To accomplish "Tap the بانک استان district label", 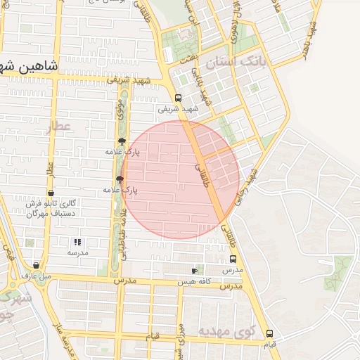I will tap(264, 63).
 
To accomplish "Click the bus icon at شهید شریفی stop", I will tap(178, 98).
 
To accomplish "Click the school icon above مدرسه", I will tap(77, 242).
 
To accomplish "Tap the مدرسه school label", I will tap(77, 252).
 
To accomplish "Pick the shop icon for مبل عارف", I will tap(36, 266).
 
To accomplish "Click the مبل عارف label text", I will tap(36, 276).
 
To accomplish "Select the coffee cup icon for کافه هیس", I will tap(195, 271).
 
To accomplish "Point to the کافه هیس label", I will tap(195, 281).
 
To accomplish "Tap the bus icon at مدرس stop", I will tap(233, 259).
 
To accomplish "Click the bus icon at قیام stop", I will tap(269, 333).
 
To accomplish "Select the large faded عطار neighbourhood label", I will tap(57, 127).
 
